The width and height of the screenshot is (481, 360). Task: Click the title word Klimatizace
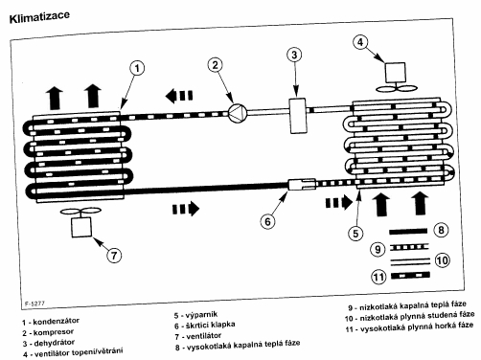(39, 16)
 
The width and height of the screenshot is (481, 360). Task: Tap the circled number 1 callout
(137, 68)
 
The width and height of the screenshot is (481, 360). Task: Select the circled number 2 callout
(215, 65)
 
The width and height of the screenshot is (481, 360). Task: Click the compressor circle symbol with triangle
(238, 114)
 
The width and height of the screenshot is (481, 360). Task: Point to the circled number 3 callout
(294, 55)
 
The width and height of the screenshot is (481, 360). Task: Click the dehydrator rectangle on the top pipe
(298, 116)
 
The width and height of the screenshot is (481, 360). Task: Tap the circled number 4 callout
(360, 42)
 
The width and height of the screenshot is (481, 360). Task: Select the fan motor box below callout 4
(396, 73)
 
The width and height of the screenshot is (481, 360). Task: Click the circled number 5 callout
(355, 234)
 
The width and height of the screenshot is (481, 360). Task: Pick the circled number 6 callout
(267, 221)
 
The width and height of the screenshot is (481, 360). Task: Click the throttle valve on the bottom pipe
(302, 184)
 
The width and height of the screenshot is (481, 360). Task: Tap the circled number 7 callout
(114, 256)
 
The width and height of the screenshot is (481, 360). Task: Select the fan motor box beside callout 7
(81, 227)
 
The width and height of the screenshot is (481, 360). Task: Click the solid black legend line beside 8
(408, 232)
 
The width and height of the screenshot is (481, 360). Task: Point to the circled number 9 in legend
(378, 249)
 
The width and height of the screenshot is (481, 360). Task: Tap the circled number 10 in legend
(443, 260)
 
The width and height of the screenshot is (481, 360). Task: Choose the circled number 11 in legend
(378, 277)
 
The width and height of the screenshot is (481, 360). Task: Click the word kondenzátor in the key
(56, 322)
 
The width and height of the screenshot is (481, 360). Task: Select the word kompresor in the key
(54, 332)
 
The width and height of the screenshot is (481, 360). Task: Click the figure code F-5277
(34, 304)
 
